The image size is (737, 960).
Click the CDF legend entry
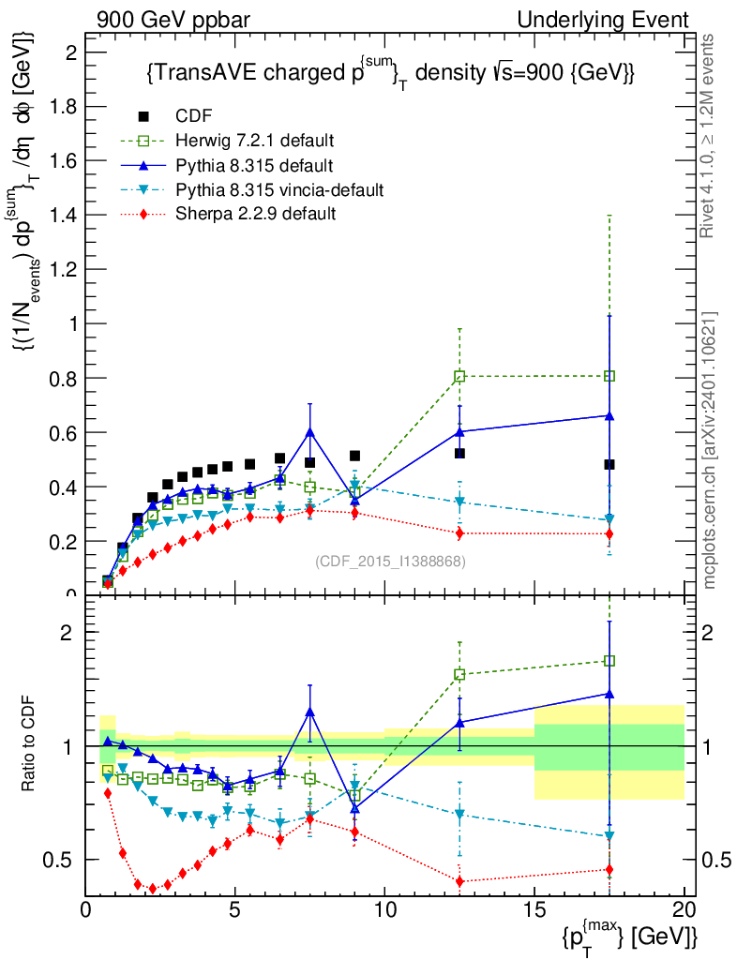tap(194, 116)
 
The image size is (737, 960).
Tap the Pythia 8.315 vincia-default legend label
tap(279, 189)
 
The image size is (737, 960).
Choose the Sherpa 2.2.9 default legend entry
tap(256, 214)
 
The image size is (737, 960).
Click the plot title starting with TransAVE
tap(391, 73)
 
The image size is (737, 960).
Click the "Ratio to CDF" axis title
tap(29, 744)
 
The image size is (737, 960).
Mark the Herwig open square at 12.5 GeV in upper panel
tap(459, 376)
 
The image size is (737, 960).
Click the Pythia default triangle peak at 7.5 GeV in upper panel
tap(309, 431)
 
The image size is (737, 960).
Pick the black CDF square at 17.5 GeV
tap(609, 464)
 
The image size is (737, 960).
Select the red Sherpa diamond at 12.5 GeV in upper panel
tap(459, 533)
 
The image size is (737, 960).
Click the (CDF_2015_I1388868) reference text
tap(390, 561)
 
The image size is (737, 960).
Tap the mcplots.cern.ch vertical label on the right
tap(710, 451)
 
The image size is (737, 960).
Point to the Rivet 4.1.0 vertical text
tap(710, 136)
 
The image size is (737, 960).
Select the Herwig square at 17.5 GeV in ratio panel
tap(609, 661)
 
